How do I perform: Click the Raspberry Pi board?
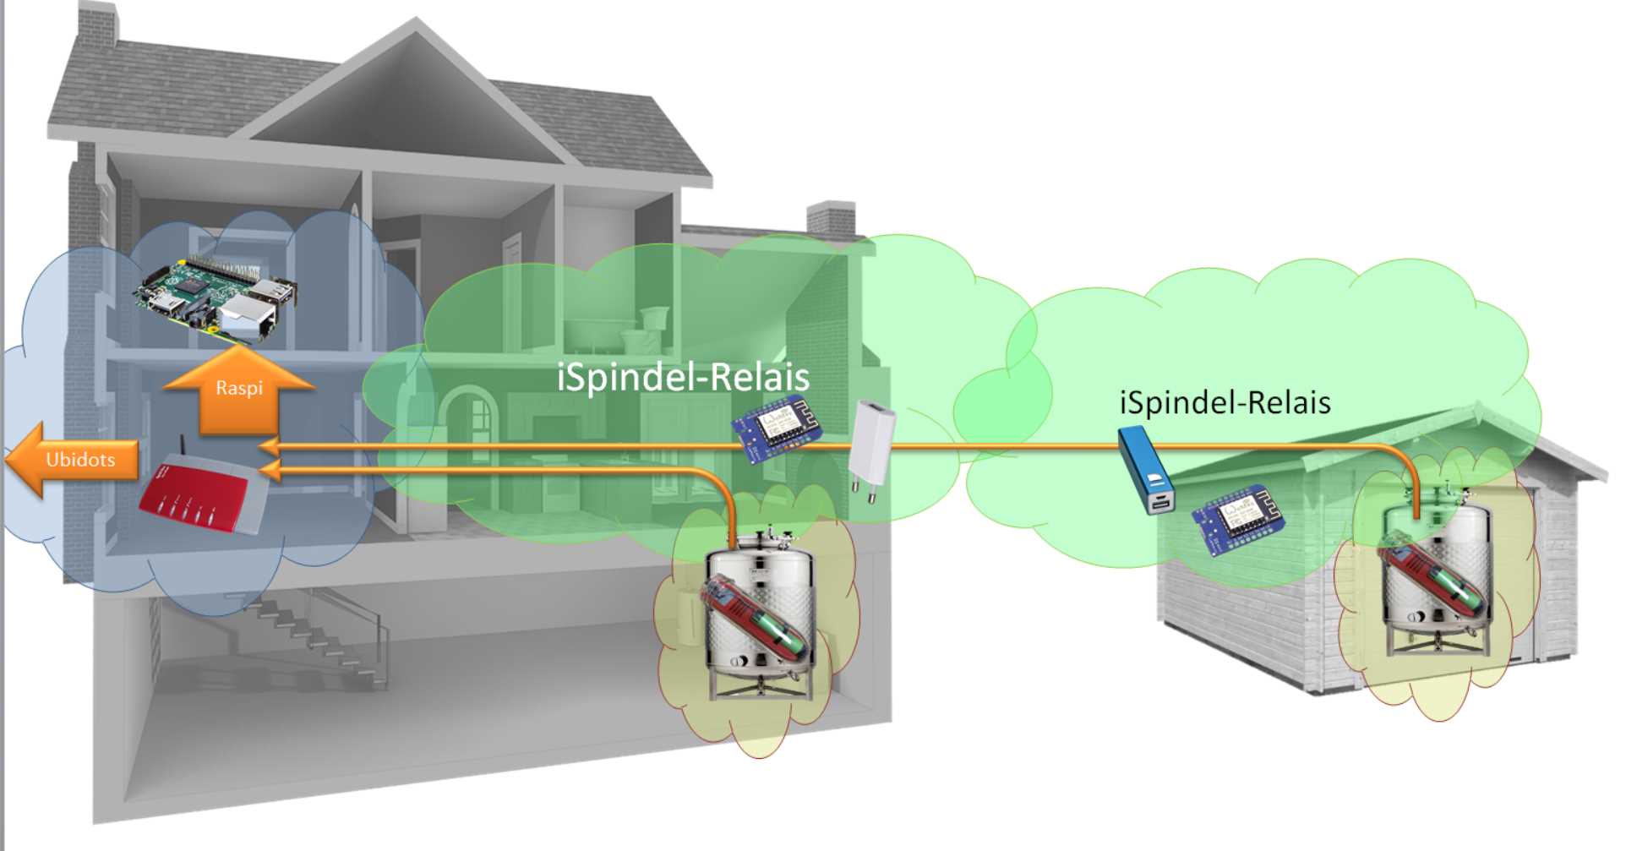click(216, 296)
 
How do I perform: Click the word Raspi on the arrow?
click(239, 388)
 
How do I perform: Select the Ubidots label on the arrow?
click(80, 460)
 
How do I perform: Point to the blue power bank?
click(1146, 470)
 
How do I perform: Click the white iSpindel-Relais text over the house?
click(683, 376)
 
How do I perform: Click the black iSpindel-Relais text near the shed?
click(1225, 402)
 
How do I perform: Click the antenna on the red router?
click(183, 448)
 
